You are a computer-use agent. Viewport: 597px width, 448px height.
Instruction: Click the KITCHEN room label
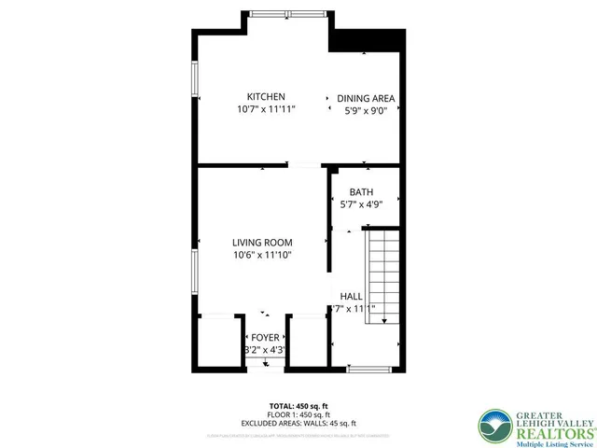tap(265, 97)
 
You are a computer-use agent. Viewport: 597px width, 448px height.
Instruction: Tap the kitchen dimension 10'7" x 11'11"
tap(265, 109)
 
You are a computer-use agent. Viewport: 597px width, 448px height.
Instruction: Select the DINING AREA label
tap(366, 98)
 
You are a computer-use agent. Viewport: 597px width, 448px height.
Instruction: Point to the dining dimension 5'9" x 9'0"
tap(366, 110)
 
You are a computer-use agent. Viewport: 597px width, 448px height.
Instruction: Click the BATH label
tap(361, 192)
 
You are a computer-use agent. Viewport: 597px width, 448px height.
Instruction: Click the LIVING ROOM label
tap(262, 243)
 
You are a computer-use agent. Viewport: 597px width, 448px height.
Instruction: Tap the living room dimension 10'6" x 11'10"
tap(262, 255)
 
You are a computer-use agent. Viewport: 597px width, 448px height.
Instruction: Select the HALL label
tap(351, 296)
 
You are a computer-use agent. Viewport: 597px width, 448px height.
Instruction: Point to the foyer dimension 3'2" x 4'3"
tap(264, 350)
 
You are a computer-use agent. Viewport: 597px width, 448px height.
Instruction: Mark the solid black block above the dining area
tap(368, 40)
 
